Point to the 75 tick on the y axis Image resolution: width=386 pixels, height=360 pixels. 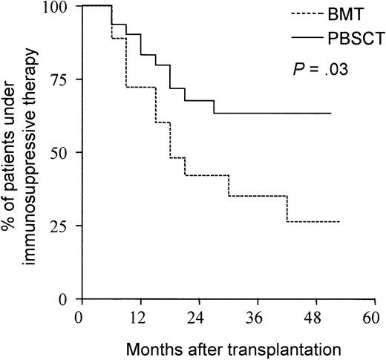click(59, 79)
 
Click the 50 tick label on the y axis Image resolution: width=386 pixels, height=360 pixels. click(59, 153)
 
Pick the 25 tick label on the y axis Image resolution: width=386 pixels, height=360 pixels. click(59, 226)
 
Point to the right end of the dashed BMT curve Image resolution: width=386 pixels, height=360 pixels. click(339, 222)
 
